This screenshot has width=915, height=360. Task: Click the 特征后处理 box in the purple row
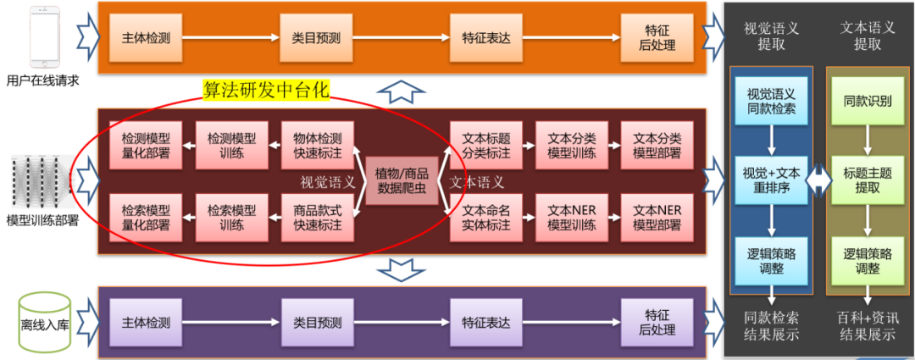pos(656,322)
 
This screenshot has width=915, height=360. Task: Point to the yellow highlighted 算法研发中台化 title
pos(266,90)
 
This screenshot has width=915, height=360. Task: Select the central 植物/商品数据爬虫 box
pos(402,180)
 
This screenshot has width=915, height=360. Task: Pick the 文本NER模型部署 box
pos(657,217)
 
